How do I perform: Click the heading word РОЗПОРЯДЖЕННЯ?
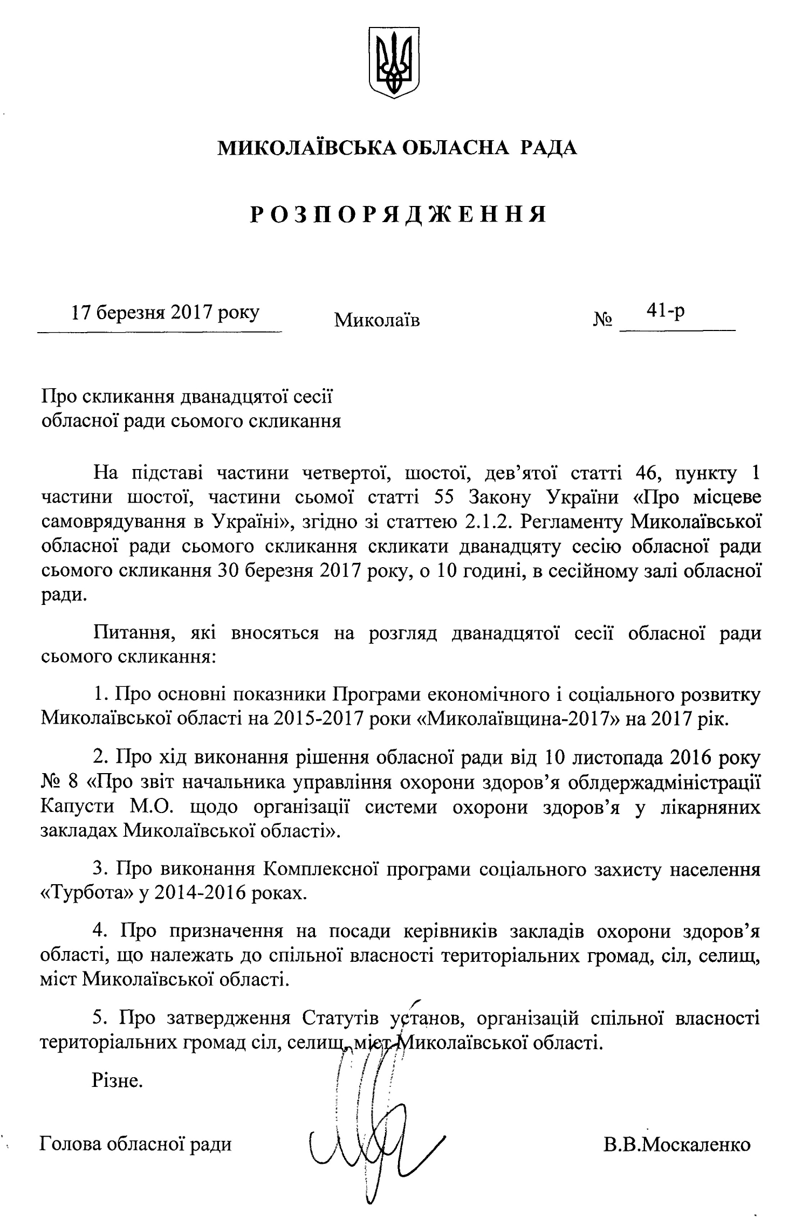coord(398,215)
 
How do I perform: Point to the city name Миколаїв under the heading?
coord(377,320)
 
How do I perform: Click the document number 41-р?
coord(667,311)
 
